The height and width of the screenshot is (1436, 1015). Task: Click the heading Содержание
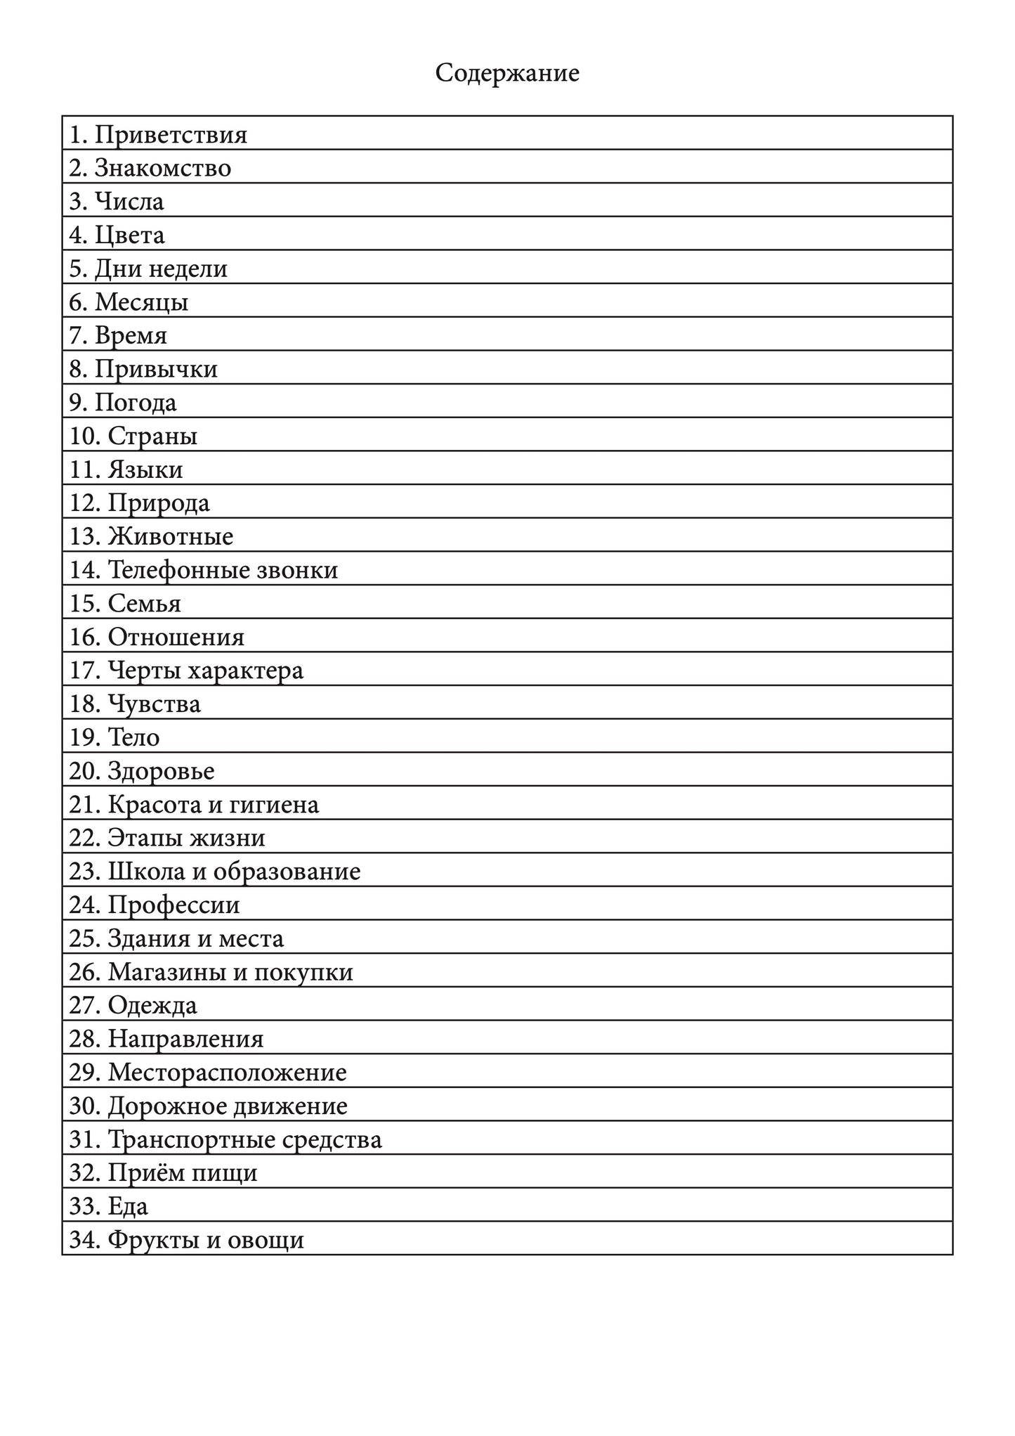[x=507, y=73]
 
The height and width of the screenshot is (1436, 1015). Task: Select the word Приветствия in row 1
[x=171, y=134]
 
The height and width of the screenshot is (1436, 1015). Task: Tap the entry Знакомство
[x=162, y=168]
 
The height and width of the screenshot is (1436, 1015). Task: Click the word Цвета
[x=129, y=235]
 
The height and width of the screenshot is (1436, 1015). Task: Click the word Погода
[x=136, y=403]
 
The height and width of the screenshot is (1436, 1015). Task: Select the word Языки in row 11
[x=145, y=470]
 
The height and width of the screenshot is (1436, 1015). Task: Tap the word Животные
[x=170, y=536]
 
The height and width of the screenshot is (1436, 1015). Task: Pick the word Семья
[x=144, y=604]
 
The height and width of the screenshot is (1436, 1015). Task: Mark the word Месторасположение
[x=227, y=1073]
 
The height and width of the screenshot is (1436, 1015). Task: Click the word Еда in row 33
[x=128, y=1207]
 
